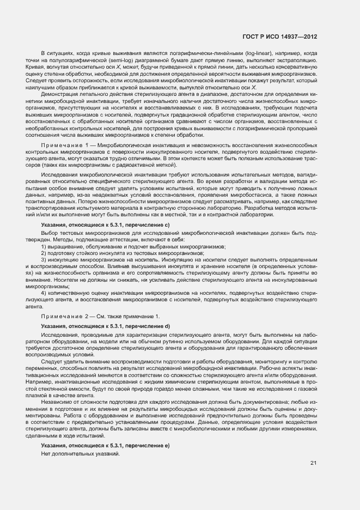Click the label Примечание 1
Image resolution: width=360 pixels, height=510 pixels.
[65, 147]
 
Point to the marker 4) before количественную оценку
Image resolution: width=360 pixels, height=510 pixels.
[44, 293]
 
